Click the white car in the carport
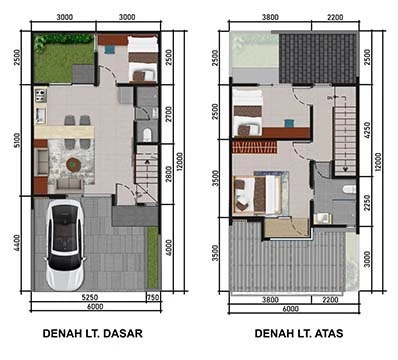point(65,245)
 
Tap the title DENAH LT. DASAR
point(93,333)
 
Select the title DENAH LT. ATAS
point(299,333)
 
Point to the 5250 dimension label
point(90,297)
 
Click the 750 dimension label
point(153,297)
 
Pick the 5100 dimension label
point(17,140)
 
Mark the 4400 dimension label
point(17,243)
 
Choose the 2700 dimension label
point(169,114)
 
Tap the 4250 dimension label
point(367,130)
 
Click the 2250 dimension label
point(367,203)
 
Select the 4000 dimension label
point(169,248)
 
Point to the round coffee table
point(72,164)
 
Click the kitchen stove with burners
point(41,95)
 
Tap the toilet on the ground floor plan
point(147,135)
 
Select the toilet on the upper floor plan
point(349,189)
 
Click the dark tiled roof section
point(318,58)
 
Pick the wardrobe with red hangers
point(255,147)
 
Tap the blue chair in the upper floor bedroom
point(289,123)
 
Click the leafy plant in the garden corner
point(41,43)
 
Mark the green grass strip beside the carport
point(153,258)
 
